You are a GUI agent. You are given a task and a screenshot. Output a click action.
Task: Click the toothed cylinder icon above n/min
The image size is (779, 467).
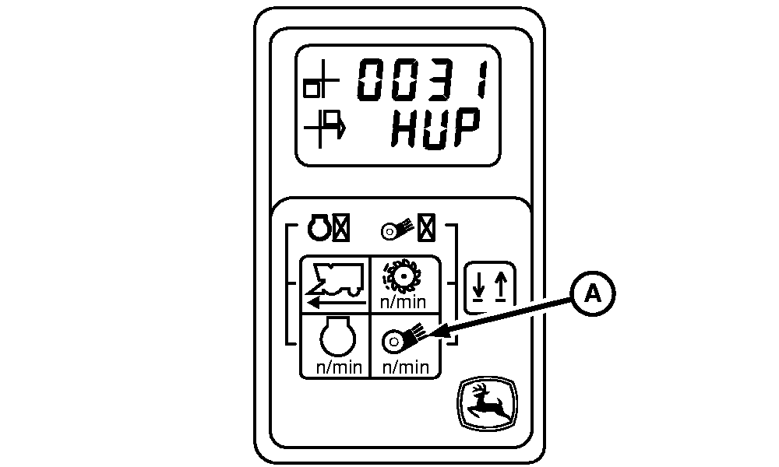pos(404,276)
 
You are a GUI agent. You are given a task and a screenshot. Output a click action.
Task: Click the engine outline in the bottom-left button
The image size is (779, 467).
pos(335,340)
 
